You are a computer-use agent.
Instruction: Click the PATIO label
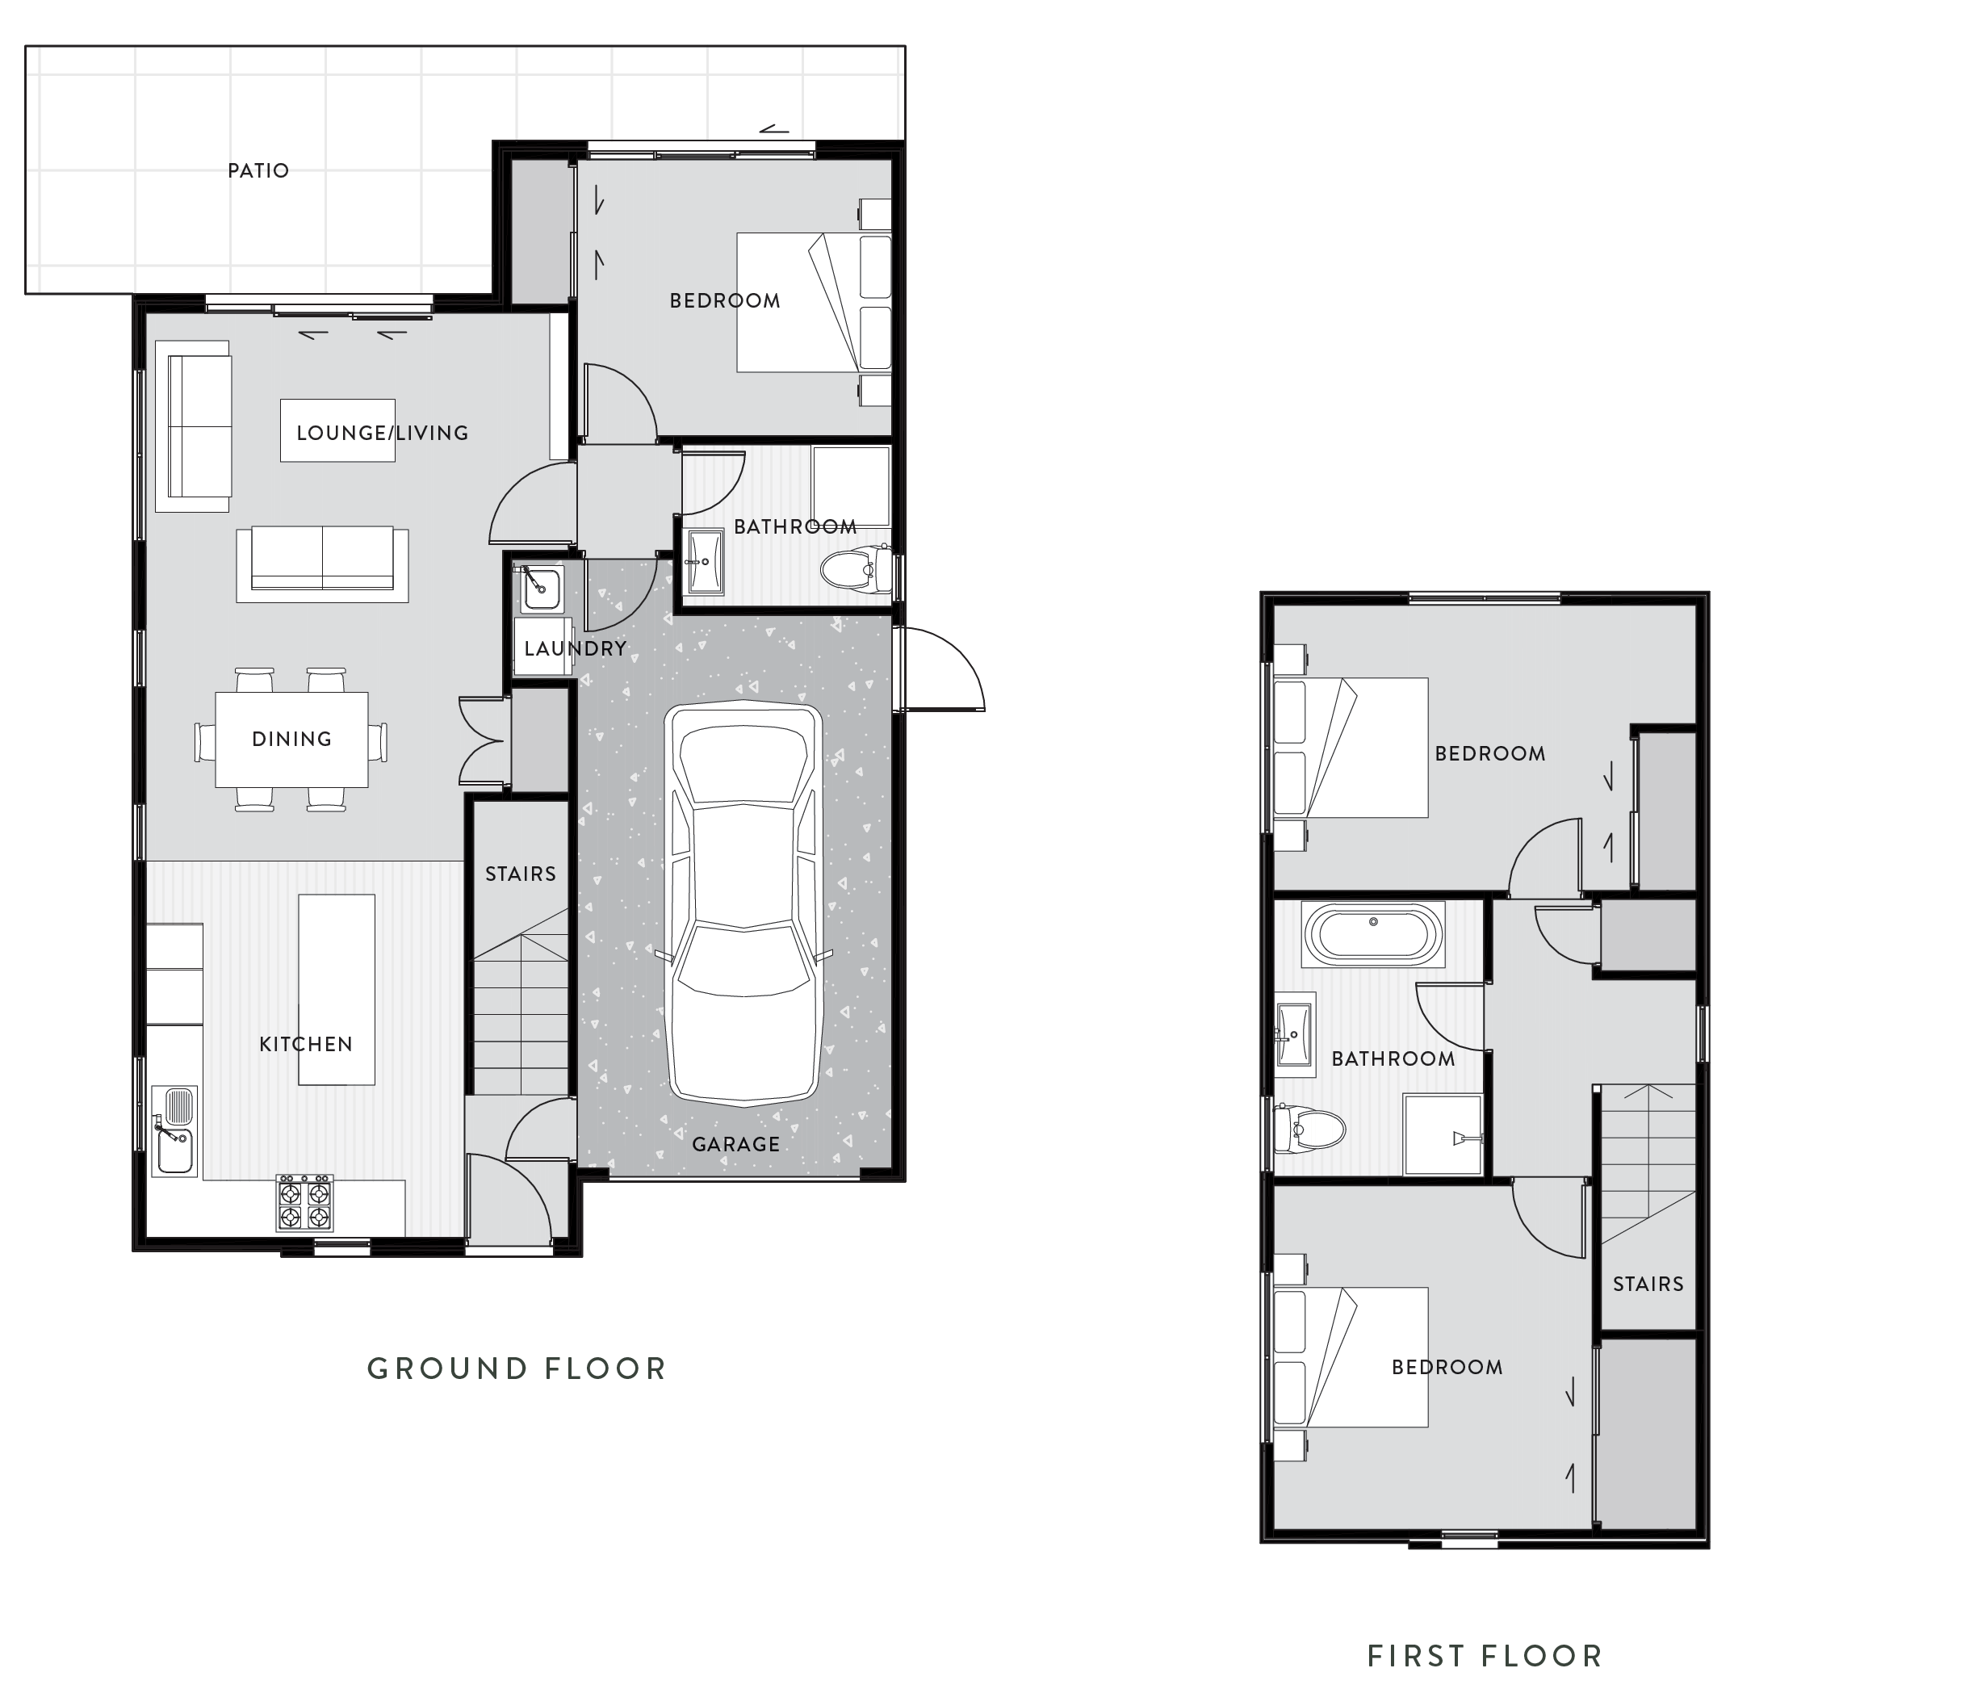(x=258, y=171)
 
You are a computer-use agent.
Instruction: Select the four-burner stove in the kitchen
(x=305, y=1203)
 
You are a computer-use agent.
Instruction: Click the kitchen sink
(x=174, y=1130)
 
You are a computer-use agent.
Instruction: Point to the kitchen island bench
(x=336, y=987)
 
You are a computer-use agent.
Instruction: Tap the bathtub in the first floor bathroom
(x=1373, y=933)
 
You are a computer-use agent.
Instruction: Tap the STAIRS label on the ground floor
(x=520, y=873)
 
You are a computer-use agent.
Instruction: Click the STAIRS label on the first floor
(x=1648, y=1283)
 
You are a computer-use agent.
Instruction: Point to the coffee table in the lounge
(x=337, y=430)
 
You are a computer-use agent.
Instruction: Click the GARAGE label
(x=735, y=1143)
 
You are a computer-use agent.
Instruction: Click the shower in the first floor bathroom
(x=1443, y=1134)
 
